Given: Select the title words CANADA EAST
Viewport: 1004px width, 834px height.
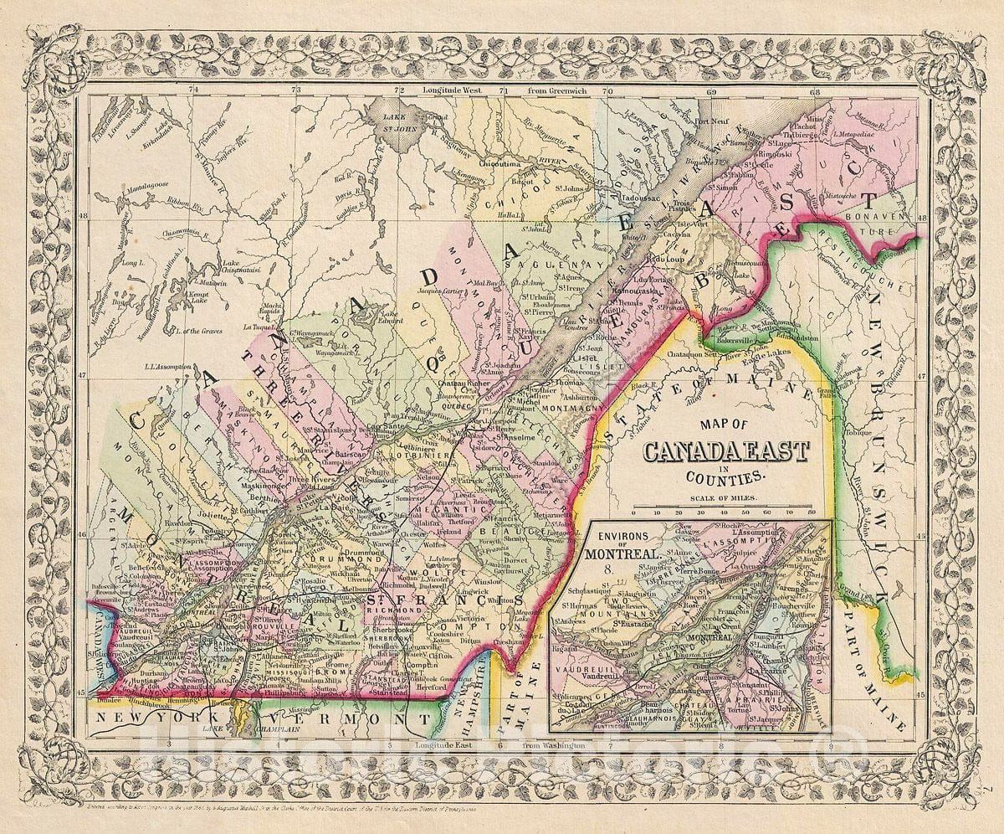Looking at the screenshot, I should (725, 452).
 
